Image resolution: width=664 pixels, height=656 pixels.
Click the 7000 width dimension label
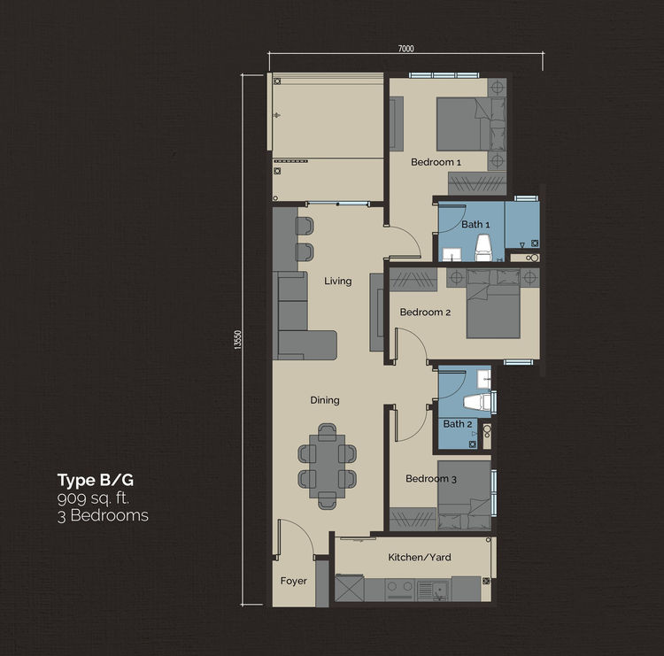coord(405,49)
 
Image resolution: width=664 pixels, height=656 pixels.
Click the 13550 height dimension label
coord(237,340)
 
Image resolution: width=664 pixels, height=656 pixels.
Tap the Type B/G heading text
coord(96,480)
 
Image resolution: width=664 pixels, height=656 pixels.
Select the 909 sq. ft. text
coord(93,498)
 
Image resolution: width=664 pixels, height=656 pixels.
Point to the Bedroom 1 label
coord(436,162)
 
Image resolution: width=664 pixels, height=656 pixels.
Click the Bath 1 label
coord(475,225)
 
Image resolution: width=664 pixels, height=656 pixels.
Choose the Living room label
coord(338,282)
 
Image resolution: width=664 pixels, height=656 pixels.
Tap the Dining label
coord(325,400)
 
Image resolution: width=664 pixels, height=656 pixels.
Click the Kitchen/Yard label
coord(420,558)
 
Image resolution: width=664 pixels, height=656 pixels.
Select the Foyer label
coord(293,581)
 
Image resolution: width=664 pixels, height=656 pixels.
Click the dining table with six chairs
coord(327,466)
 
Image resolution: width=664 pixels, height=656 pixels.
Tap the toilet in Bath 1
coord(483,248)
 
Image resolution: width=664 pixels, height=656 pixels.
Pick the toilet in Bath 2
coord(477,402)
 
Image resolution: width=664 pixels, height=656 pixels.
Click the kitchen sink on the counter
coord(432,590)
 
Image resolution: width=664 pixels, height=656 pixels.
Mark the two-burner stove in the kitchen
coord(400,590)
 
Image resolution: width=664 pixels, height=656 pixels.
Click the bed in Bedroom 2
coord(493,304)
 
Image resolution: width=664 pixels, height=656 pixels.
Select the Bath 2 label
coord(458,424)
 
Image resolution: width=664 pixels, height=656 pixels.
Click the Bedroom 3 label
coord(430,479)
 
